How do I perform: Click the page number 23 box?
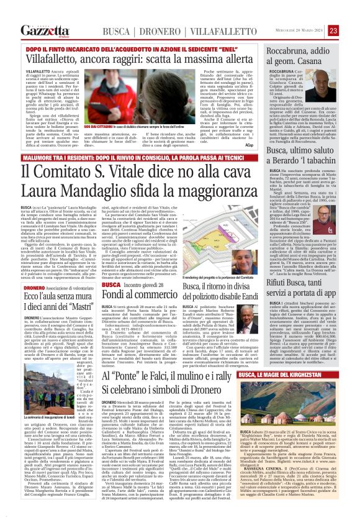tap(350, 30)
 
